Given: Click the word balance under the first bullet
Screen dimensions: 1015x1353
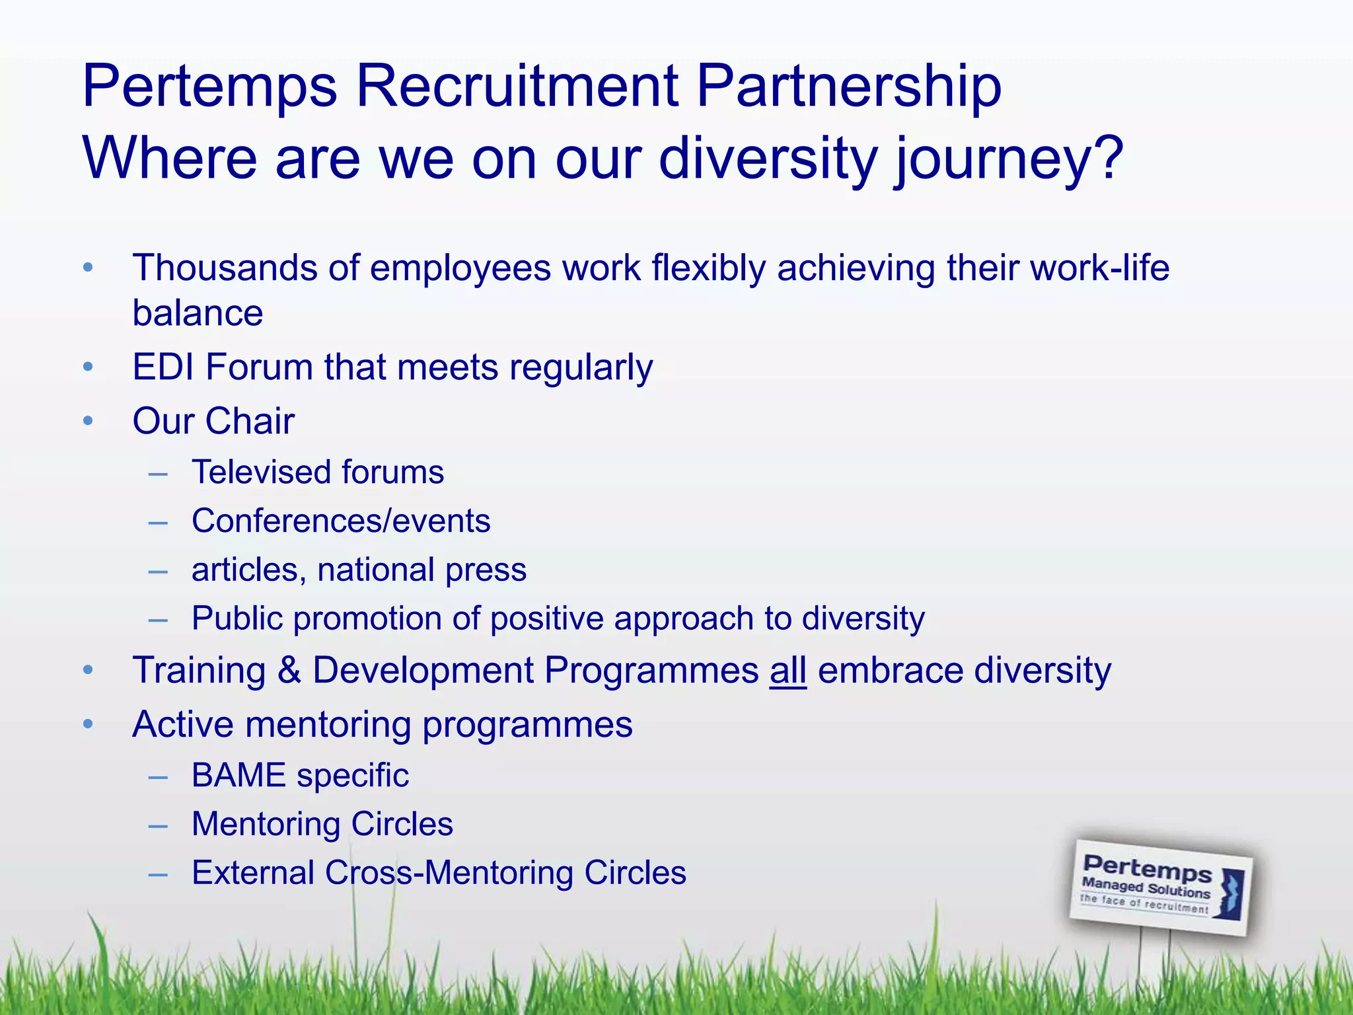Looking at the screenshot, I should tap(198, 313).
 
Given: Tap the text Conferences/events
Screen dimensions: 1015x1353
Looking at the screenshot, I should tap(341, 521).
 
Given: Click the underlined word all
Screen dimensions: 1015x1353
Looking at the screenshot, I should tap(787, 671).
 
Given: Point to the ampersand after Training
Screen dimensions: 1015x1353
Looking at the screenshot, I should tap(289, 671).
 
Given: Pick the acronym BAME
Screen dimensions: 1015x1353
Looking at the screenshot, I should tap(238, 775).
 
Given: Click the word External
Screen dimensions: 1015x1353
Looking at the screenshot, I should tap(252, 873).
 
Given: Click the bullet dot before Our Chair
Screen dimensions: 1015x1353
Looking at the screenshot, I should tap(88, 421).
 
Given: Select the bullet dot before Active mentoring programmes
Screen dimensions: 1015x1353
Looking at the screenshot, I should tap(88, 725).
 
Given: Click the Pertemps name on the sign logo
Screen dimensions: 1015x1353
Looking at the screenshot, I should tap(1147, 868).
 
